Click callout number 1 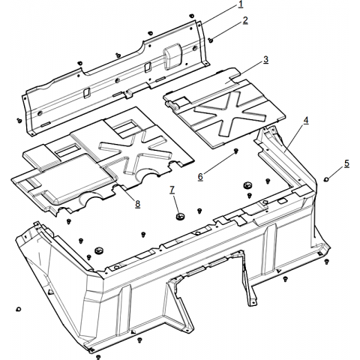click(x=241, y=4)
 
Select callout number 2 click(x=245, y=20)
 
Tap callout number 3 click(x=265, y=59)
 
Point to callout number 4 click(x=306, y=120)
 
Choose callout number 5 click(x=346, y=163)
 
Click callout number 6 click(x=200, y=176)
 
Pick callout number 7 click(x=172, y=190)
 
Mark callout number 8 click(x=138, y=204)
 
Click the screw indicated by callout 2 click(x=211, y=40)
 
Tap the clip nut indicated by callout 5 click(x=326, y=179)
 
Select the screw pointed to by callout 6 click(x=235, y=151)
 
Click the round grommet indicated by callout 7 click(x=179, y=216)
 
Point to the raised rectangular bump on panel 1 click(x=172, y=55)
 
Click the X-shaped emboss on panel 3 click(x=228, y=112)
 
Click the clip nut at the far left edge click(x=18, y=309)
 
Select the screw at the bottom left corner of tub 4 click(x=98, y=356)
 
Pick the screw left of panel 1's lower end click(x=19, y=120)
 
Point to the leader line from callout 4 click(x=294, y=137)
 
